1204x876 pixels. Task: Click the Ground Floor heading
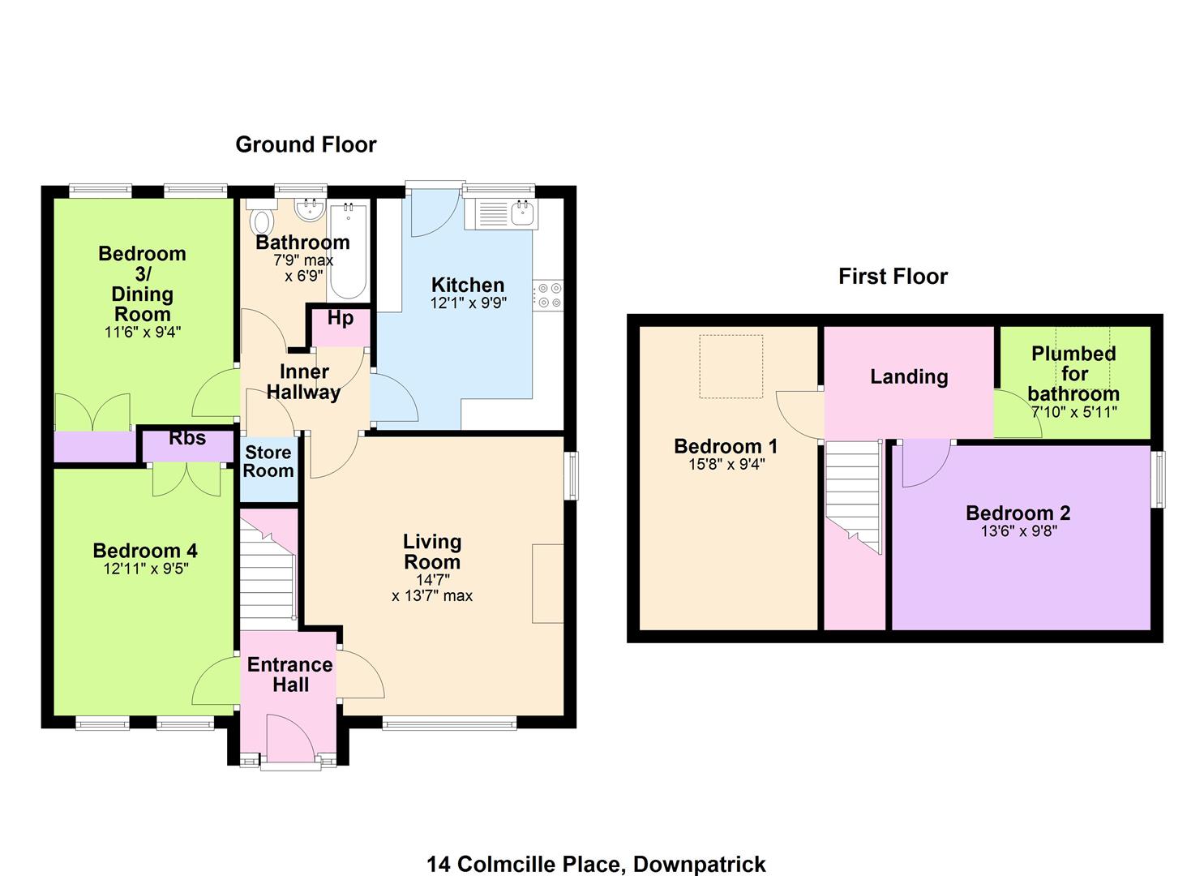coord(306,145)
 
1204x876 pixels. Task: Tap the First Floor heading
coord(893,277)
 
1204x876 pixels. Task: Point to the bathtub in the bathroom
coord(349,251)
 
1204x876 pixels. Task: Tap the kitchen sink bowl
coord(522,213)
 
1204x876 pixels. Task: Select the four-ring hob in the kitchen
coord(548,295)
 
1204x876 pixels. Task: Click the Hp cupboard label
coord(341,318)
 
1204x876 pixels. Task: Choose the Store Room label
coord(268,462)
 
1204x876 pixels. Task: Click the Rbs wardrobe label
coord(187,438)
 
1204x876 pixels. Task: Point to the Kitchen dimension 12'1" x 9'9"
coord(468,303)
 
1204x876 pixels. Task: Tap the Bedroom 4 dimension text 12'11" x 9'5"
coord(146,569)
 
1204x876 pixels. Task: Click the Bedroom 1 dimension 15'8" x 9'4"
coord(726,464)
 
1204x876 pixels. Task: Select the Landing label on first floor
coord(909,377)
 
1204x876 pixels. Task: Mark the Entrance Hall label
coord(289,675)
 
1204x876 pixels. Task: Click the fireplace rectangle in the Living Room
coord(548,583)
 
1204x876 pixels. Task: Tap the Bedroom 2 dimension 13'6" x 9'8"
coord(1018,531)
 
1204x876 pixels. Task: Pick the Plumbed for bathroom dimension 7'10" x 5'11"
coord(1074,413)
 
